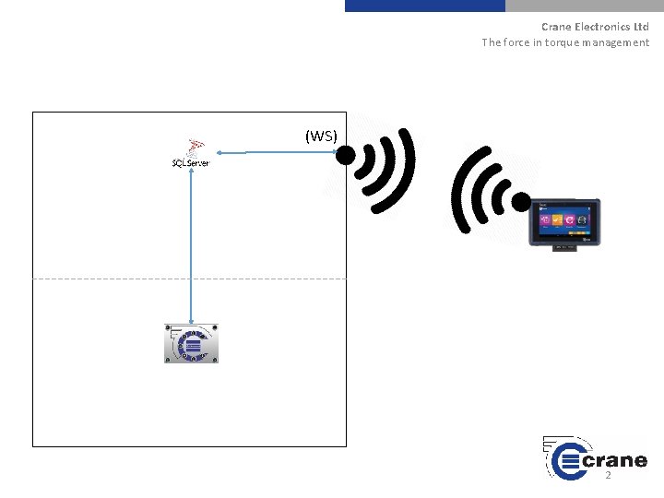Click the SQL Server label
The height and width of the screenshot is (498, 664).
191,163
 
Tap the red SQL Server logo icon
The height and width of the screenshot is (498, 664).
195,147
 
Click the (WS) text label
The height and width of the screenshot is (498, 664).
321,136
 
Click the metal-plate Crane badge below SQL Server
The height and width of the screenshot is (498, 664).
191,343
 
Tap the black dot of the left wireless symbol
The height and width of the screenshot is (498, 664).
344,156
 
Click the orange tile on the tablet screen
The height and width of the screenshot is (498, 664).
557,221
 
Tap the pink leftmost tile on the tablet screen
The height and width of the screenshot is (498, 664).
545,221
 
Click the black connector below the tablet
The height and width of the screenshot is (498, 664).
563,248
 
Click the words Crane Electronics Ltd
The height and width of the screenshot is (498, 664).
595,27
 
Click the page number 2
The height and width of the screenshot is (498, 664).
608,475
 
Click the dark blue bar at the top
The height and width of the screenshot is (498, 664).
425,6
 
